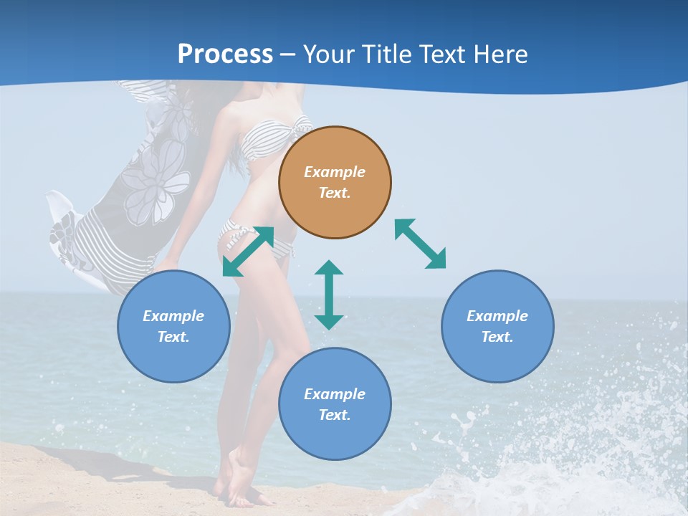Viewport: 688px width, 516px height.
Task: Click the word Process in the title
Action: point(225,54)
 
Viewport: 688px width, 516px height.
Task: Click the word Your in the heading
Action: point(331,54)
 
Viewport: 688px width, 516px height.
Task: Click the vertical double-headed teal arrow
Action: point(329,295)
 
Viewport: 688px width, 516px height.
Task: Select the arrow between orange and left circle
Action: point(248,252)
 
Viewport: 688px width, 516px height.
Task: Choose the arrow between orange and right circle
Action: point(420,244)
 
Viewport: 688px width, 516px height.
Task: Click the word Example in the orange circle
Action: point(335,172)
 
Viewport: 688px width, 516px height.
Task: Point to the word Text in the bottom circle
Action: point(335,415)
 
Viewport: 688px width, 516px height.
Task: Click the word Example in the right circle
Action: point(497,316)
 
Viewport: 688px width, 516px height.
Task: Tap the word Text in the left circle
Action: point(173,337)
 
